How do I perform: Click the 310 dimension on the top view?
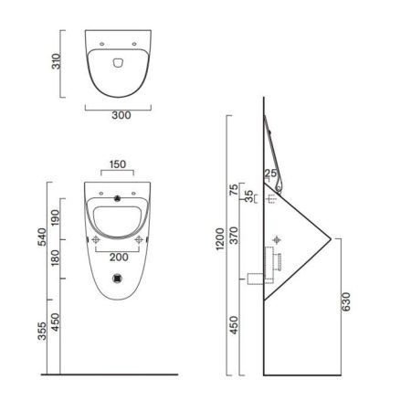pyautogui.click(x=57, y=61)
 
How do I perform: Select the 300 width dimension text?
pyautogui.click(x=121, y=115)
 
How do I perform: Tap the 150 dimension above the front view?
pyautogui.click(x=118, y=164)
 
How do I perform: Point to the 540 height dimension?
pyautogui.click(x=42, y=237)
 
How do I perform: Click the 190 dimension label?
pyautogui.click(x=55, y=217)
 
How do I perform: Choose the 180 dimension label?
pyautogui.click(x=55, y=258)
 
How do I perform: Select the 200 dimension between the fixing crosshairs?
pyautogui.click(x=119, y=258)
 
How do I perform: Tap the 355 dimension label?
pyautogui.click(x=42, y=331)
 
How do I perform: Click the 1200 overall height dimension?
pyautogui.click(x=220, y=239)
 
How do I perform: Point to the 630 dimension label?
pyautogui.click(x=346, y=301)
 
